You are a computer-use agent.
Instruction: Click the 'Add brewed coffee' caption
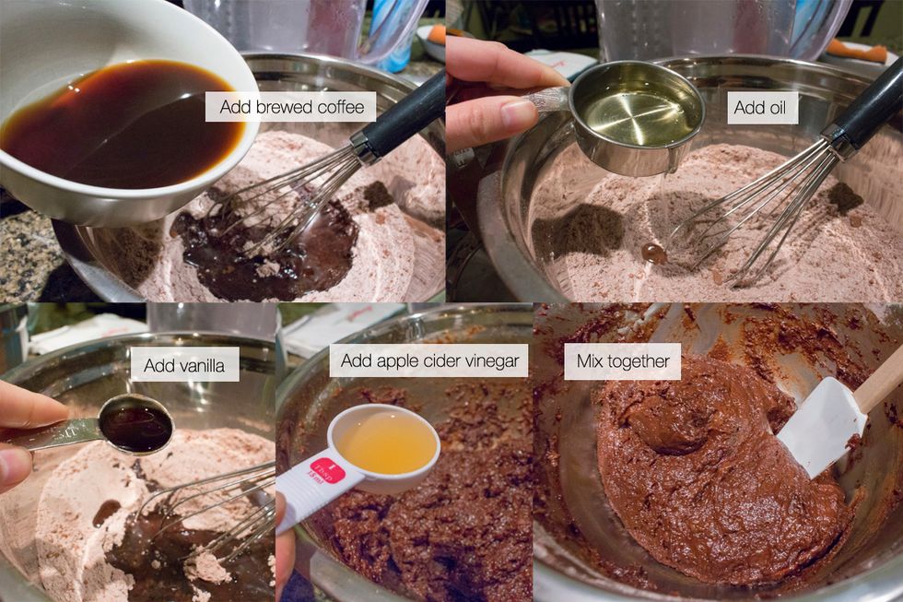click(291, 107)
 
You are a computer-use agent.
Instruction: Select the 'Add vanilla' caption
click(184, 365)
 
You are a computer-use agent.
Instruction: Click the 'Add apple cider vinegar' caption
click(429, 361)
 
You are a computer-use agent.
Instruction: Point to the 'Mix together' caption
click(623, 361)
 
